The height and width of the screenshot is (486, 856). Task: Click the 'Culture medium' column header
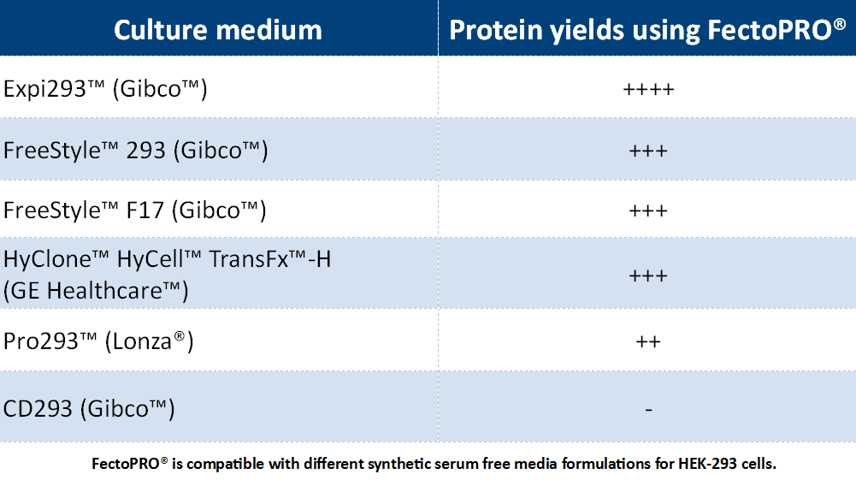(x=218, y=30)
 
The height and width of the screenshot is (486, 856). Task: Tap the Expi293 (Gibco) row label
(x=105, y=89)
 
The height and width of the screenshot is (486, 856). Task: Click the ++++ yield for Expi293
(x=648, y=89)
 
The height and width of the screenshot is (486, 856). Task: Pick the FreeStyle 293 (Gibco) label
(x=136, y=151)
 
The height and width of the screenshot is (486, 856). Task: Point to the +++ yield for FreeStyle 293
(x=648, y=151)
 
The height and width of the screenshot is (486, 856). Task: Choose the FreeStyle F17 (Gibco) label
(x=135, y=210)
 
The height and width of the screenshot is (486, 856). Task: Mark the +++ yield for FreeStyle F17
(x=648, y=210)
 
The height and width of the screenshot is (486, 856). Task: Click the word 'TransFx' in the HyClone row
(x=249, y=259)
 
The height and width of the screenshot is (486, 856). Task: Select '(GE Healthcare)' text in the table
(x=96, y=291)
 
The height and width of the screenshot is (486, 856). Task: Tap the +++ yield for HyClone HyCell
(x=648, y=276)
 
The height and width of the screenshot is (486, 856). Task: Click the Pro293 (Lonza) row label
(x=98, y=341)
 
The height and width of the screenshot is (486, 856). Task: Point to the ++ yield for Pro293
(x=648, y=342)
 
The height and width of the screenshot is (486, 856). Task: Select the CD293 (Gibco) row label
(x=89, y=408)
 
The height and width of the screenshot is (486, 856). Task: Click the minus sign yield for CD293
(x=648, y=409)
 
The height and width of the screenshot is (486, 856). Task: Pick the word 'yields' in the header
(x=587, y=31)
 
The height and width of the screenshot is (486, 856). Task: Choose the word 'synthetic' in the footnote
(x=396, y=465)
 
